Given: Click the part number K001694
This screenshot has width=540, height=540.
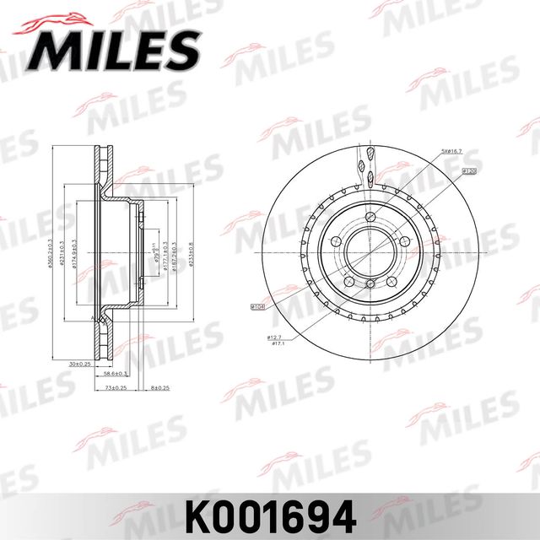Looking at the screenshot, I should tap(268, 512).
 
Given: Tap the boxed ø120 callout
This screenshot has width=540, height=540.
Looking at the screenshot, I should tap(470, 171).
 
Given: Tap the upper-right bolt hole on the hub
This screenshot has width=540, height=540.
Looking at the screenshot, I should tap(404, 242).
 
